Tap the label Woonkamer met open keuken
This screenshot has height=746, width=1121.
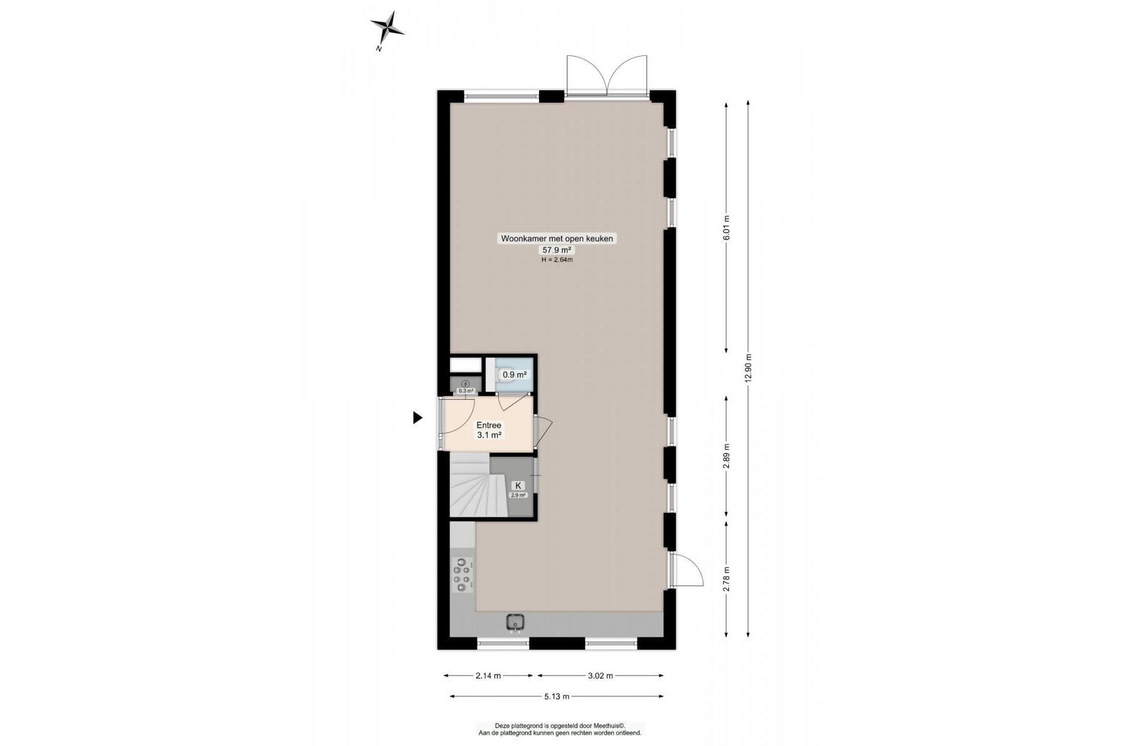click(557, 238)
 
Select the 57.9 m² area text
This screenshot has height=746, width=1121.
click(557, 250)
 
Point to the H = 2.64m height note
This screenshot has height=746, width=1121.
click(557, 260)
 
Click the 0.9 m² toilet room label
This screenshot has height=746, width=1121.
click(515, 375)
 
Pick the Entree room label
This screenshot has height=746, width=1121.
click(489, 425)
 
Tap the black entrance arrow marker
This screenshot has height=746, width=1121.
click(418, 418)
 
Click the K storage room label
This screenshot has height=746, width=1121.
click(518, 486)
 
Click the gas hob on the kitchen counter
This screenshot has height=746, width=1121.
click(463, 575)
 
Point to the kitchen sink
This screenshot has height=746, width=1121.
click(515, 622)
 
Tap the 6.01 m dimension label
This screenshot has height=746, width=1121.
click(726, 228)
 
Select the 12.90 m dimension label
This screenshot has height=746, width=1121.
click(748, 371)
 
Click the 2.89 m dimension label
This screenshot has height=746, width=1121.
click(726, 456)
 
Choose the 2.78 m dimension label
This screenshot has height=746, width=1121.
click(726, 579)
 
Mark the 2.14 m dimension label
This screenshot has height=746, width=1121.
click(488, 676)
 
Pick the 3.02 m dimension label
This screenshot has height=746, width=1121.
click(601, 676)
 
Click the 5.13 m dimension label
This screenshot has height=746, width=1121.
click(556, 696)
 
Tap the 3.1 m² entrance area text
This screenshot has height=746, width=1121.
click(489, 435)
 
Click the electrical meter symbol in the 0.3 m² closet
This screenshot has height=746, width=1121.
click(466, 384)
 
